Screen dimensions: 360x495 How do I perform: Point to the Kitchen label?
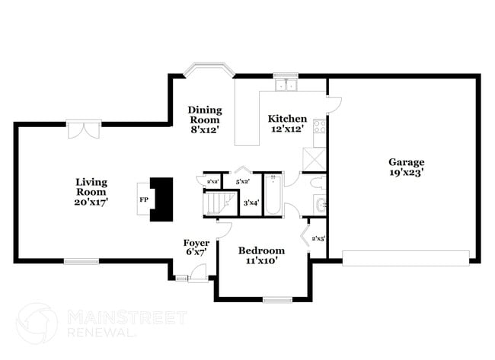point(287,119)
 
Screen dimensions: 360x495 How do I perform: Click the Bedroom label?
point(261,250)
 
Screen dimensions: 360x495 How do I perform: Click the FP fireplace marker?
point(143,199)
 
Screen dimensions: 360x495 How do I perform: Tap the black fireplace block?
point(161,199)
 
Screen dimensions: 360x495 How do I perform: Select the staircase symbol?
point(220,203)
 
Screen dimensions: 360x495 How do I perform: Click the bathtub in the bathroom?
point(273,196)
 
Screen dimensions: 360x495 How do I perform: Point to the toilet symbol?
point(318,183)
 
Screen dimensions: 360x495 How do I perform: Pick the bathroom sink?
point(321,204)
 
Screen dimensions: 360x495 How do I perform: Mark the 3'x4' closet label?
point(251,202)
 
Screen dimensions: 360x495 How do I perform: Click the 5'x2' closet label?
point(243,181)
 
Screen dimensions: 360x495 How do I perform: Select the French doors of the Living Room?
point(82,129)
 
